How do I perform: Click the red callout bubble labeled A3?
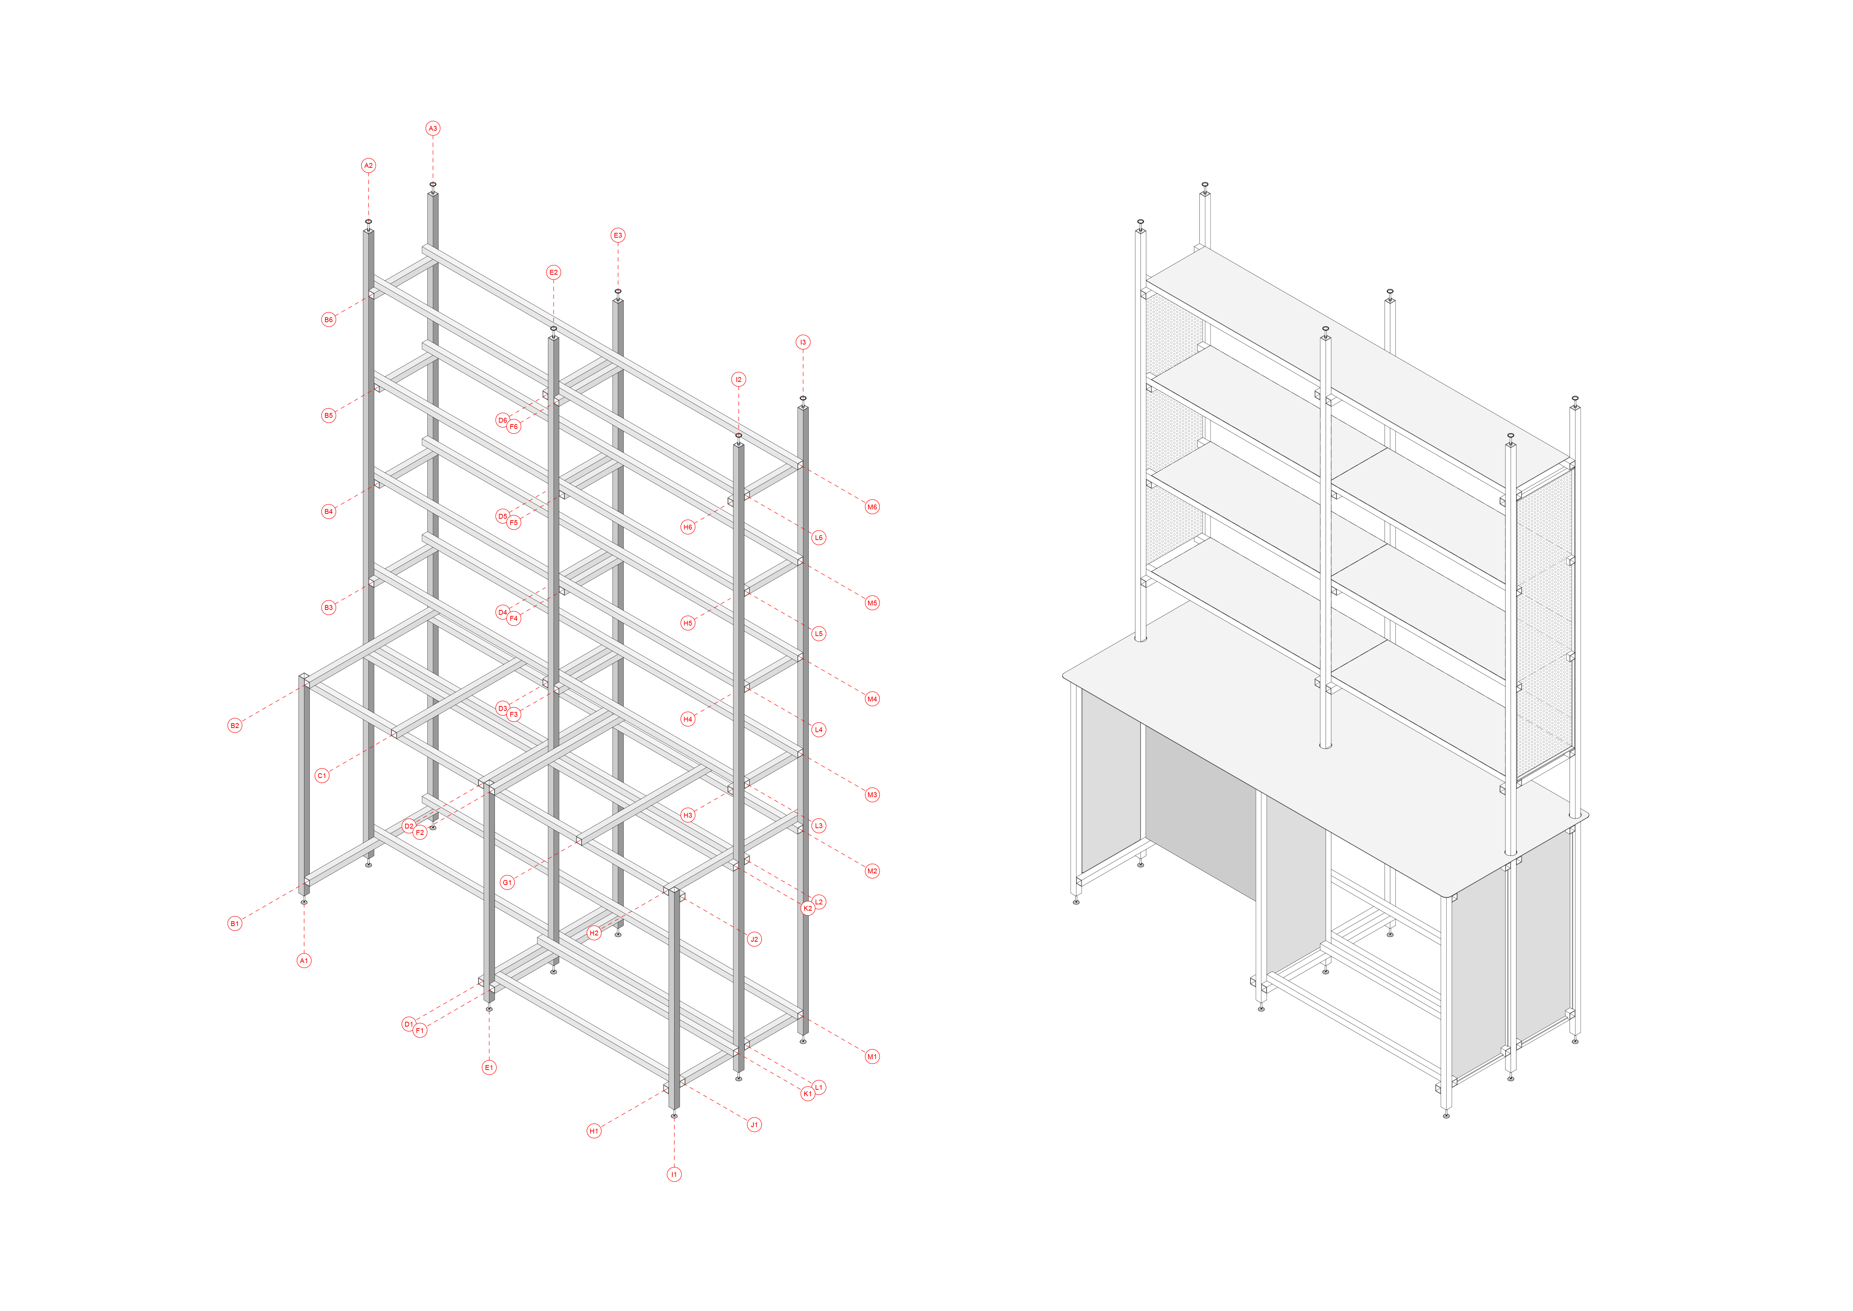(x=433, y=128)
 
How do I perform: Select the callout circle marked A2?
(x=369, y=166)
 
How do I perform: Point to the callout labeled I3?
(x=803, y=342)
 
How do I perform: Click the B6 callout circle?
(x=328, y=320)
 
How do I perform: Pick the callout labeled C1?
(x=322, y=776)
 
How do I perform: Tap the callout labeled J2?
(x=754, y=939)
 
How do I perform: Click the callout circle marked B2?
(x=235, y=726)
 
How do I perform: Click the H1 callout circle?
(x=594, y=1131)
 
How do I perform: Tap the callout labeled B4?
(x=328, y=511)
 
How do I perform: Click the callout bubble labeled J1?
(x=754, y=1125)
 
